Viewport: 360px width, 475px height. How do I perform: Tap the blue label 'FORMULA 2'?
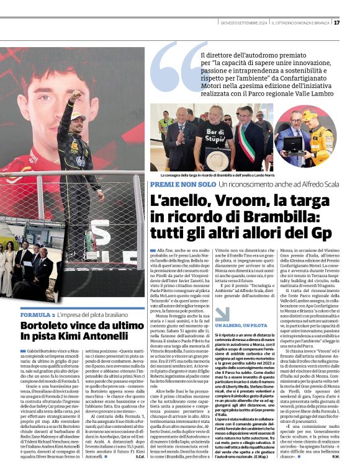(x=50, y=315)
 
